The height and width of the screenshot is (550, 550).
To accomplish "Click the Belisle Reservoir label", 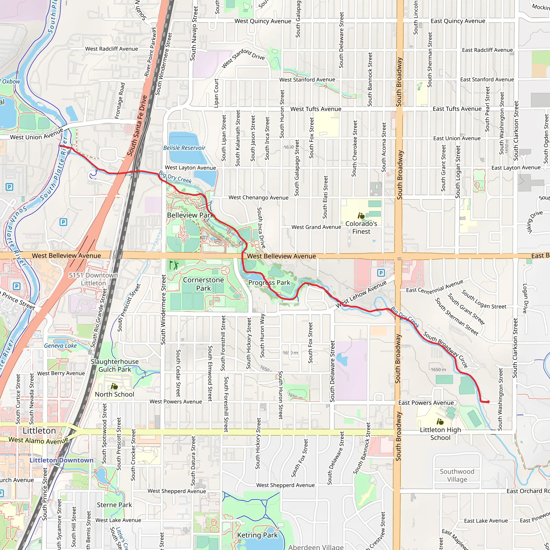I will coord(184,148).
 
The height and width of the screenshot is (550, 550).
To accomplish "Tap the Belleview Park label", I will coord(190,215).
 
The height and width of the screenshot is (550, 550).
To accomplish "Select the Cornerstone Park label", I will coord(203,284).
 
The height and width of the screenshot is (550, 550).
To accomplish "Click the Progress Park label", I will coord(269,283).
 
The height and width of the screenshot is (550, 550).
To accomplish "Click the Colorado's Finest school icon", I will coord(361,216).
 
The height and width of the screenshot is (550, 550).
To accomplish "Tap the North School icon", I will coord(114,387).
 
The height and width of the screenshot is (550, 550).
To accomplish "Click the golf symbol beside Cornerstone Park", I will coord(174,265).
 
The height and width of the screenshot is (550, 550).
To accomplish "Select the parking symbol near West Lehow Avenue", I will coord(381,273).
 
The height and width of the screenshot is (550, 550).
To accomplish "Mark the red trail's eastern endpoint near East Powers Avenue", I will coord(489,402).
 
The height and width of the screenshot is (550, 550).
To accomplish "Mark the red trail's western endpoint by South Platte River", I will coord(60,146).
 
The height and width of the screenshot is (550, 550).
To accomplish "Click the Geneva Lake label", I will coord(60,346).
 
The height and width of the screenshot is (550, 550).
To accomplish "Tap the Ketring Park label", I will coord(257,535).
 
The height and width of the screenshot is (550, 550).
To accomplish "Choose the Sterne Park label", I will coord(114,505).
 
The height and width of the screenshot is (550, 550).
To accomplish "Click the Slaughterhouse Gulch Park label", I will coord(115,365).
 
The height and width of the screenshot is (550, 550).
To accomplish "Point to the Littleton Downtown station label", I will coord(61,460).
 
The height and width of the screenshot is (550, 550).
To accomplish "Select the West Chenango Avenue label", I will coord(259,198).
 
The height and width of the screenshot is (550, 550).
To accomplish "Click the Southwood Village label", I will coord(457,475).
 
